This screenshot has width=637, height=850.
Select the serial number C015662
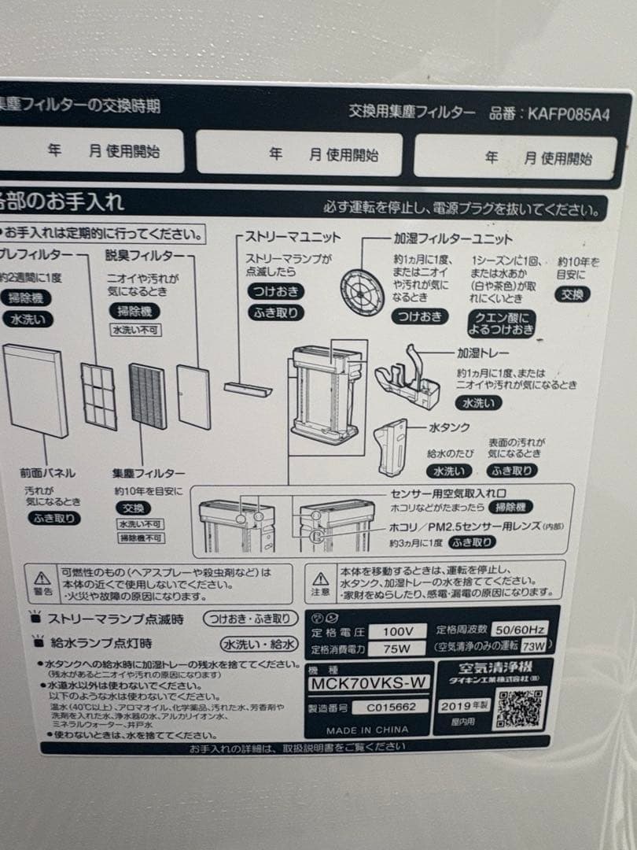tap(390, 707)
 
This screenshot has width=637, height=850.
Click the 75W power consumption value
tap(396, 650)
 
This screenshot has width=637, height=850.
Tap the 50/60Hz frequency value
tap(517, 630)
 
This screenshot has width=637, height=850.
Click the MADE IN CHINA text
tap(367, 730)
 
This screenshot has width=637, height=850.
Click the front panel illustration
tap(35, 392)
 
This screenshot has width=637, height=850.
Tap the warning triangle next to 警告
tap(43, 577)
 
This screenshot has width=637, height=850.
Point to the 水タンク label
tap(449, 428)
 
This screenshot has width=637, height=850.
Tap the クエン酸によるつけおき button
tap(502, 323)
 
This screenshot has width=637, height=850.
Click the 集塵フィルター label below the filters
tap(148, 474)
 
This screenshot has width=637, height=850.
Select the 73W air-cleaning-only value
tap(532, 646)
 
